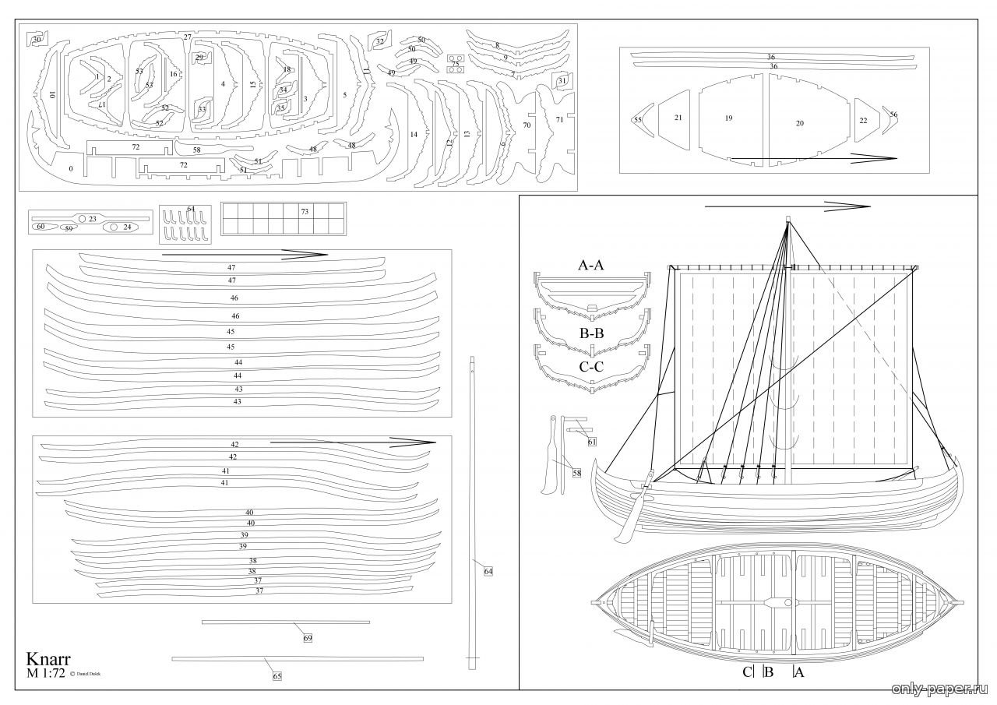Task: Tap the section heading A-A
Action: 591,265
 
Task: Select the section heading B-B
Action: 591,333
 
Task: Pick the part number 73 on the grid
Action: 305,211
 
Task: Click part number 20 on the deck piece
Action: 800,123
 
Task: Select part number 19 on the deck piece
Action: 728,118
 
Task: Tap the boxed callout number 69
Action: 308,638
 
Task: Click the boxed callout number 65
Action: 277,676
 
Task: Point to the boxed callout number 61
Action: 592,442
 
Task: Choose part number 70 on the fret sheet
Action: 527,125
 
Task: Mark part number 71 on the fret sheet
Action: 559,119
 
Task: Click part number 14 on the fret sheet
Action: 414,134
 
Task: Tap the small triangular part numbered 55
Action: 638,120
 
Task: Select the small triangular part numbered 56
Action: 893,115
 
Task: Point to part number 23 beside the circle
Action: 92,219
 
